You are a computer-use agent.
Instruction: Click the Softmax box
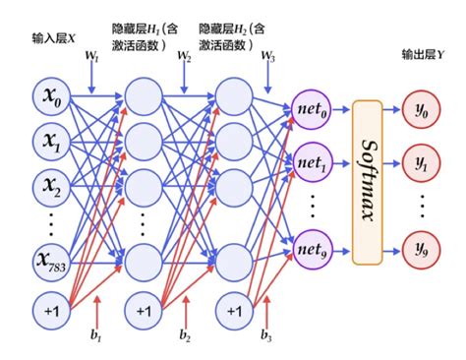tap(366, 181)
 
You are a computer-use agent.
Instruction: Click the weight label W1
tap(92, 57)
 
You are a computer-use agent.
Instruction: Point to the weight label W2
tap(184, 57)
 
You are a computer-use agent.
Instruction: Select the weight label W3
tap(268, 57)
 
